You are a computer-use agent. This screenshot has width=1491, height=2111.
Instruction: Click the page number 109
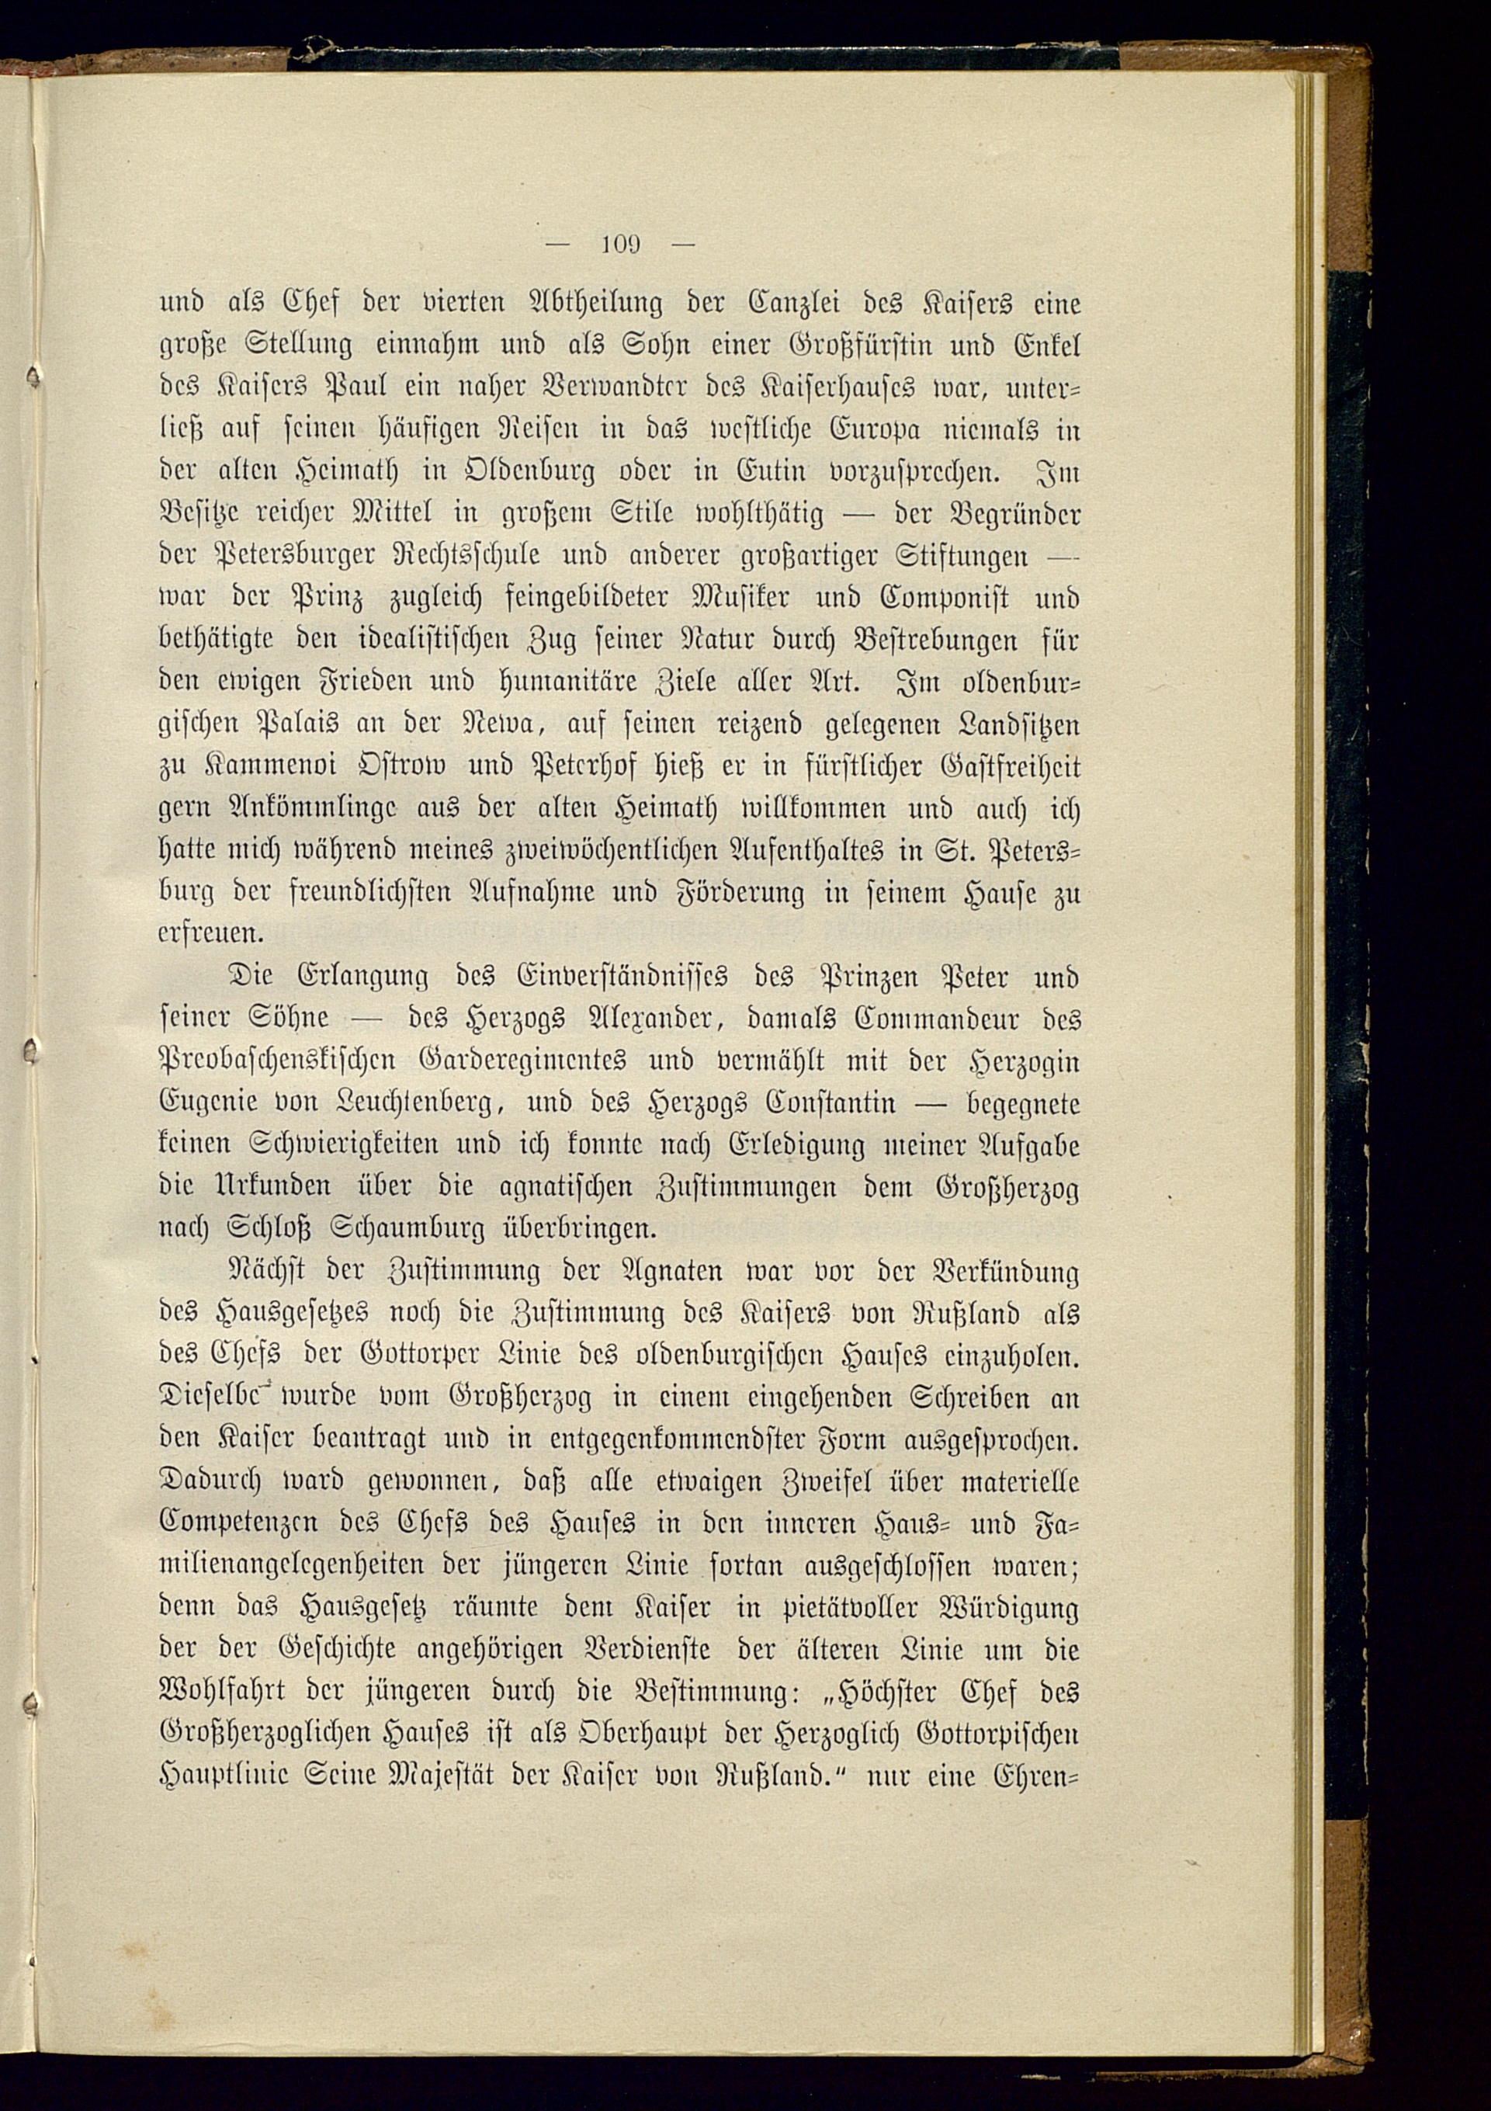point(619,245)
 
